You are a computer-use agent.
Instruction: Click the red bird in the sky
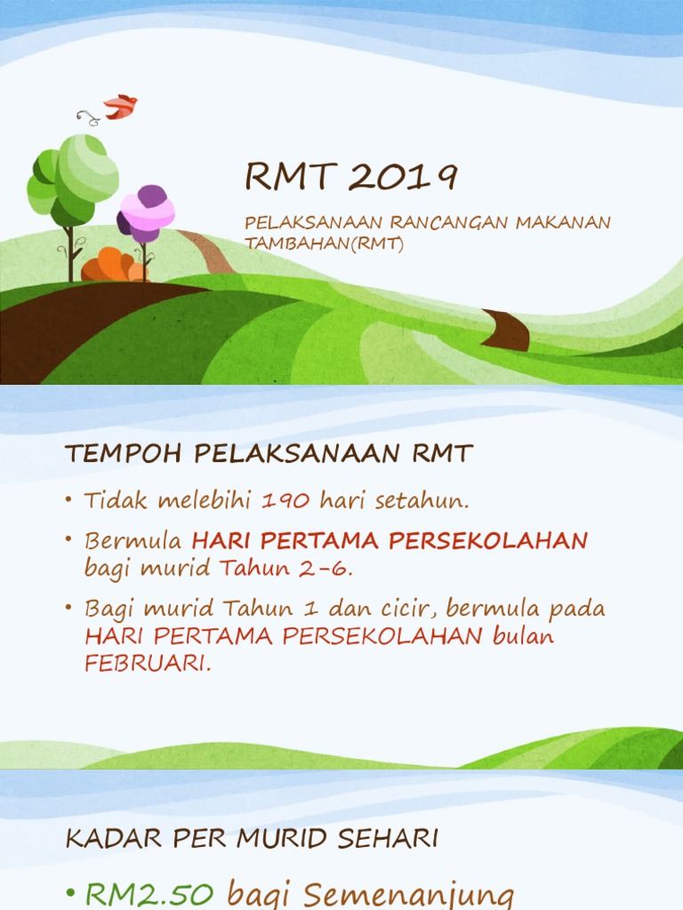(x=121, y=107)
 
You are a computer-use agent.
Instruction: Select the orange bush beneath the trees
(x=114, y=265)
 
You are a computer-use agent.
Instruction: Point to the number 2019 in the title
(x=403, y=177)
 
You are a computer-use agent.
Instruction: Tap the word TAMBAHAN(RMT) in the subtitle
(x=324, y=243)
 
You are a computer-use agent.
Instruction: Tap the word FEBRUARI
(x=148, y=663)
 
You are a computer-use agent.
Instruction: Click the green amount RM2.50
(x=149, y=894)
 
